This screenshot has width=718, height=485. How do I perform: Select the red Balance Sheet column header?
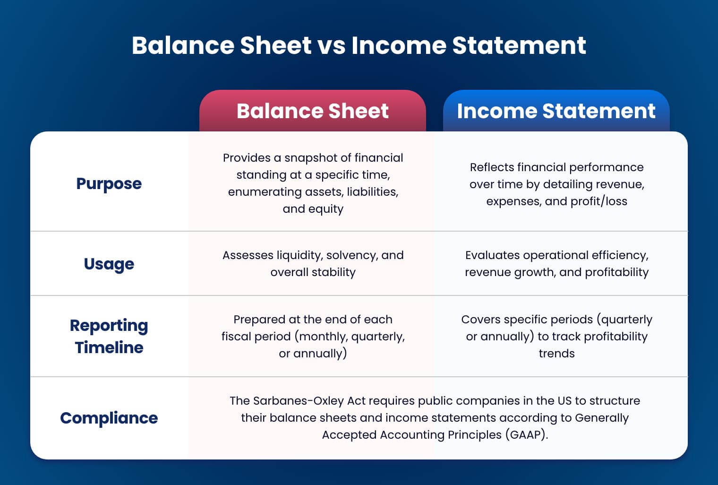(312, 111)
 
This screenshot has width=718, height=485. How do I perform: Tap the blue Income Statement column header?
(556, 111)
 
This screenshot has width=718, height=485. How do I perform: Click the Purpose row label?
(109, 183)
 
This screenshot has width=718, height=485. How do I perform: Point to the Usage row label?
(109, 264)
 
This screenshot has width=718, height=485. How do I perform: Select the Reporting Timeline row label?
(109, 336)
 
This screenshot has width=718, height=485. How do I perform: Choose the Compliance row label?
(109, 418)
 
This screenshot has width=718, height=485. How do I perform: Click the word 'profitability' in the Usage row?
(616, 272)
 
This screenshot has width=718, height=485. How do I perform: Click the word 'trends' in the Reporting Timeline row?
(556, 354)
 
